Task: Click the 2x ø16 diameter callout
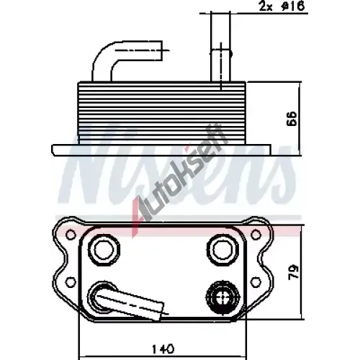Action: pos(282,6)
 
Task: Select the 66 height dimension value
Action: pos(292,119)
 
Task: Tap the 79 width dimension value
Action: pos(294,271)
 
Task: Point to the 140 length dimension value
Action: pos(163,348)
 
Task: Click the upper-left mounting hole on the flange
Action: pos(71,235)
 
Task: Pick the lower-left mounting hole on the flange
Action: pos(71,282)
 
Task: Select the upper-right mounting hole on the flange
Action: pos(256,235)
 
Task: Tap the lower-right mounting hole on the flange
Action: pos(256,282)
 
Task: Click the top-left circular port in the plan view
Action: pos(104,250)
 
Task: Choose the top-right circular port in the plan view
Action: pos(222,250)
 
